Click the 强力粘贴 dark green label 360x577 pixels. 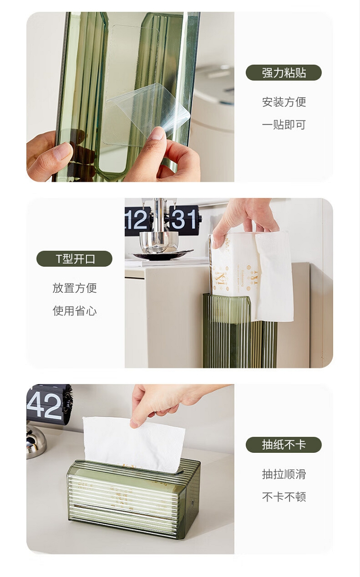click(x=284, y=72)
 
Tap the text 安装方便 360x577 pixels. click(x=284, y=102)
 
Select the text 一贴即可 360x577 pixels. click(x=284, y=125)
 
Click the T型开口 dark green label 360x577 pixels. click(x=74, y=259)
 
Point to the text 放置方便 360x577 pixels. click(x=74, y=288)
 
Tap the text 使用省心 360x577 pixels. click(x=74, y=311)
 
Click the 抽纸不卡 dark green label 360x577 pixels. click(x=284, y=445)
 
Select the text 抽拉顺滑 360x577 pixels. click(x=284, y=474)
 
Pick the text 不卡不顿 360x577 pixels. click(x=284, y=497)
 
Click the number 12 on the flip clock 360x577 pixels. click(x=137, y=220)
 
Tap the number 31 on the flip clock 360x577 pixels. click(x=183, y=219)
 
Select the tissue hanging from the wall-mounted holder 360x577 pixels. click(x=274, y=277)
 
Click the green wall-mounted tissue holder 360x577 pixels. click(x=240, y=331)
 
